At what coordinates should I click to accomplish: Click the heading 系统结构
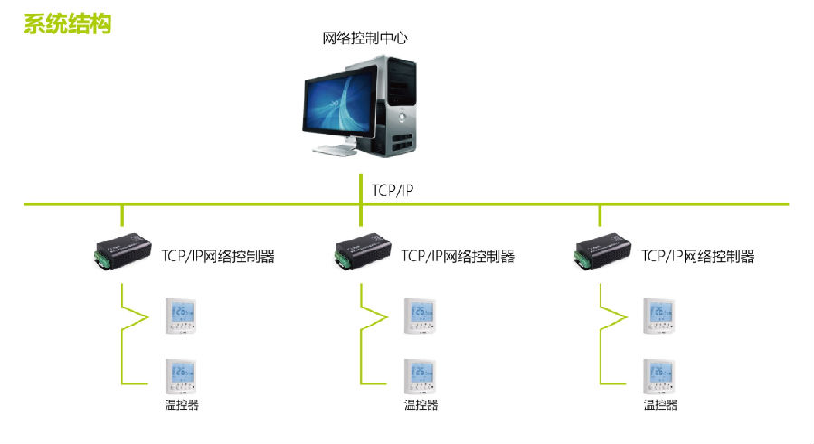click(x=67, y=24)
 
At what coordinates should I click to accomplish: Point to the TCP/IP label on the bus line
click(x=393, y=191)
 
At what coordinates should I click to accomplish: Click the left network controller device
click(x=122, y=254)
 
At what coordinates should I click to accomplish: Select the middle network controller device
click(x=362, y=254)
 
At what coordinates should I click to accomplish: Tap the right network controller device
click(x=601, y=254)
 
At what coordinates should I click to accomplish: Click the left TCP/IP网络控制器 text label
click(x=217, y=256)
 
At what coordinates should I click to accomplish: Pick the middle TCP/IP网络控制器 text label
click(x=458, y=256)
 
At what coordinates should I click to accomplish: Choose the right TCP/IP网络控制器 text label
click(x=697, y=256)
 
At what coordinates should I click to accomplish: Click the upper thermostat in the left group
click(x=181, y=315)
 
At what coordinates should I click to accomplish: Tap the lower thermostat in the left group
click(x=181, y=374)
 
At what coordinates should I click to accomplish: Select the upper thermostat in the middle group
click(x=421, y=315)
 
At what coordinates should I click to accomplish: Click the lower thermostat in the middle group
click(x=421, y=374)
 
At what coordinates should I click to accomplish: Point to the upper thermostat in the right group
click(x=660, y=315)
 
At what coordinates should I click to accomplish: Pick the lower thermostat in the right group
click(x=660, y=374)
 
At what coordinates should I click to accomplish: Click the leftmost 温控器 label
click(x=181, y=405)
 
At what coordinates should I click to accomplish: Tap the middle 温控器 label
click(x=421, y=405)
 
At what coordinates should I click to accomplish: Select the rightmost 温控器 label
click(x=660, y=405)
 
